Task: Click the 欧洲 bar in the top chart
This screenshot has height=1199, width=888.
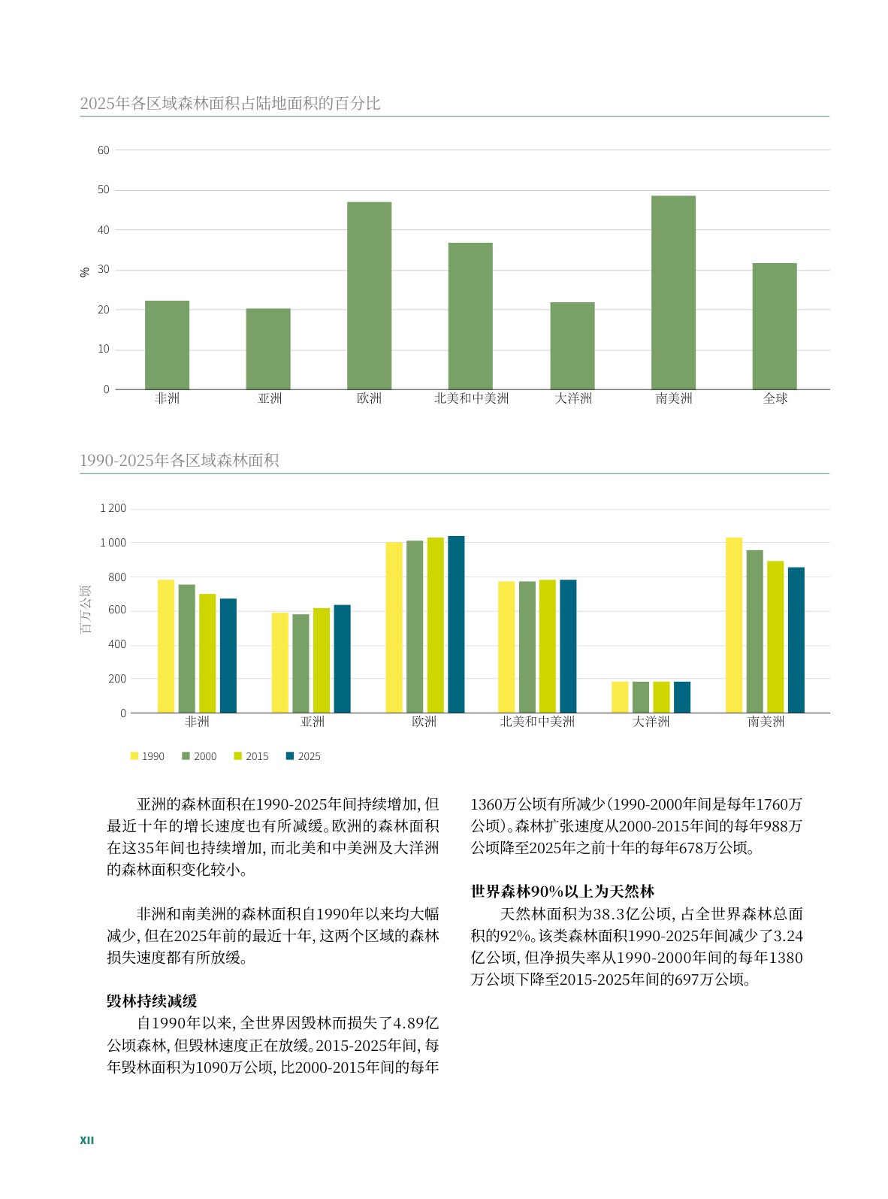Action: point(369,295)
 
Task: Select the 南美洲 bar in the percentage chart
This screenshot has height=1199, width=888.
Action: point(673,292)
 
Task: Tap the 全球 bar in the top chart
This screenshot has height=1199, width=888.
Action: point(775,326)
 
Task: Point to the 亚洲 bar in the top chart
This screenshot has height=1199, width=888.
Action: point(268,349)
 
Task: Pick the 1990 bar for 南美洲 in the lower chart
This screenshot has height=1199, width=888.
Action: point(734,625)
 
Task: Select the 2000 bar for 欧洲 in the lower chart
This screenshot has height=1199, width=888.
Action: point(415,626)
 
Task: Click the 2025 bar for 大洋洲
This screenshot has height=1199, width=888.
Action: point(682,697)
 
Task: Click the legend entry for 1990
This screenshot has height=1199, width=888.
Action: point(147,756)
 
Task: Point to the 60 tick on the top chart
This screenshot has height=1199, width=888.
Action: point(104,150)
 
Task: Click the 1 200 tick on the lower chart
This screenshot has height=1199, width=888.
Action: point(113,509)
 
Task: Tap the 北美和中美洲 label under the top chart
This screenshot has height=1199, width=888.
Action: point(471,398)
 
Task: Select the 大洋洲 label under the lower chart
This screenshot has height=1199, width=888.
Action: point(651,722)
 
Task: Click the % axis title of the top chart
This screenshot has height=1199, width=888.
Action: point(85,271)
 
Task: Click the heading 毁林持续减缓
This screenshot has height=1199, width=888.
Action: point(152,1001)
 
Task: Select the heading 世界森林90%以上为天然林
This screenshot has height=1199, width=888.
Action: point(563,892)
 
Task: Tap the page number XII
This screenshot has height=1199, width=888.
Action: point(87,1140)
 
